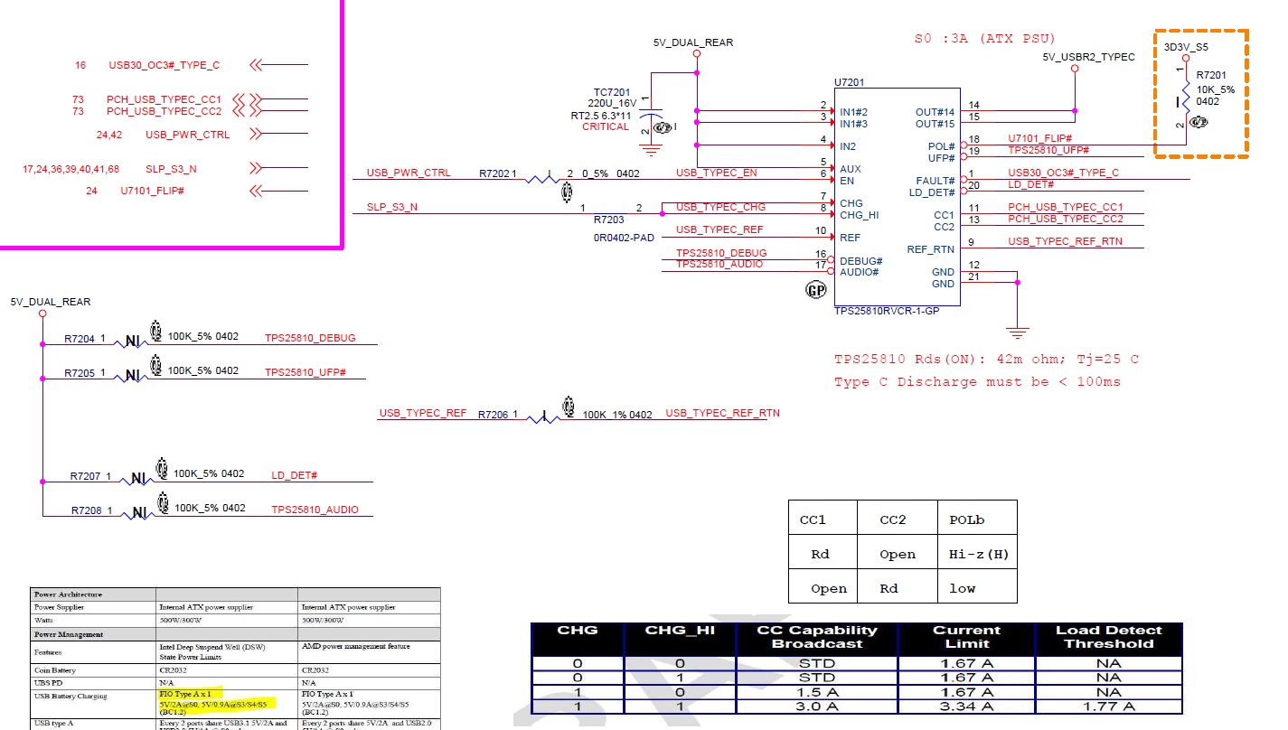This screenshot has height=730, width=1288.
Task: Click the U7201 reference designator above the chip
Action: [x=849, y=82]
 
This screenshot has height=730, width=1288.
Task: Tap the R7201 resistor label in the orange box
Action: [x=1211, y=76]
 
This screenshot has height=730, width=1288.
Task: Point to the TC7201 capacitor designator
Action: [x=612, y=92]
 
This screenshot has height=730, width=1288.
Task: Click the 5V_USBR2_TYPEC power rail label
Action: [x=1088, y=57]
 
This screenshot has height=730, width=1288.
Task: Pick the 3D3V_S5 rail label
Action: [x=1186, y=46]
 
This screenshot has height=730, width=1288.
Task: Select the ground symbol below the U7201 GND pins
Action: [x=1018, y=332]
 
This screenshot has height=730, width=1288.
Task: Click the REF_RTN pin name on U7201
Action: [x=930, y=249]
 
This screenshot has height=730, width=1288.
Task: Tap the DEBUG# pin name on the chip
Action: [x=860, y=260]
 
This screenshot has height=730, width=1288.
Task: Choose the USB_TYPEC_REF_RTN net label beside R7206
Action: [x=722, y=413]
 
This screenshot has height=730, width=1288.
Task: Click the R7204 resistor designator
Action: [x=80, y=339]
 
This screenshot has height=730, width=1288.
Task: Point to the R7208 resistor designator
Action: [x=87, y=510]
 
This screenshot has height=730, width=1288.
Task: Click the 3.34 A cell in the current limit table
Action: [x=966, y=706]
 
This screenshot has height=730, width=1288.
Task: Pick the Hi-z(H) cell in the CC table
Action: [x=978, y=554]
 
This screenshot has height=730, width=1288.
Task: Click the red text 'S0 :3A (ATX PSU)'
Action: [x=984, y=39]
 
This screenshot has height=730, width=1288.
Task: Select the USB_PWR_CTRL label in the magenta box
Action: [x=187, y=135]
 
